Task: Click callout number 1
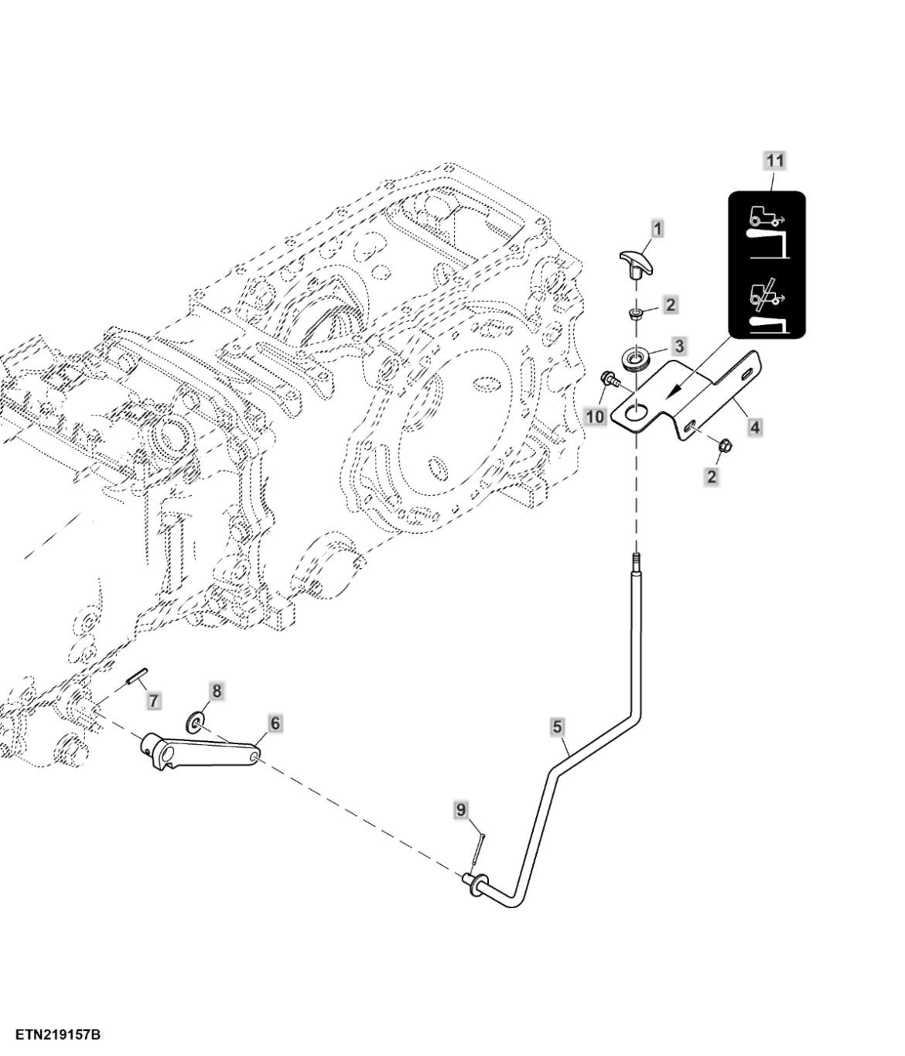click(x=657, y=229)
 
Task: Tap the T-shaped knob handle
click(x=635, y=263)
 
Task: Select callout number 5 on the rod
click(x=557, y=727)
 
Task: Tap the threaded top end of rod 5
click(x=636, y=560)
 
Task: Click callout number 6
click(x=275, y=723)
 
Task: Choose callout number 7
click(x=154, y=701)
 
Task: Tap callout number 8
click(x=217, y=691)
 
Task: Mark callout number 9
click(x=461, y=810)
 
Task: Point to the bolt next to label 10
click(x=609, y=380)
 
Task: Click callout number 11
click(x=774, y=161)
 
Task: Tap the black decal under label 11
click(x=767, y=265)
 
